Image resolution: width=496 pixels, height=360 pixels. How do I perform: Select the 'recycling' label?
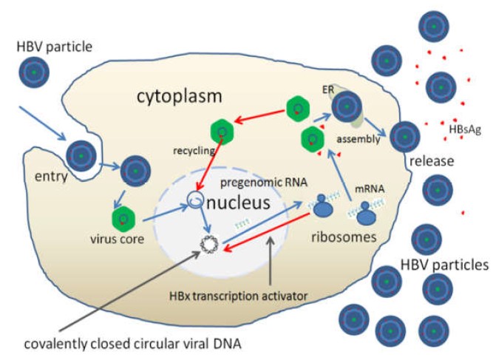pos(192,149)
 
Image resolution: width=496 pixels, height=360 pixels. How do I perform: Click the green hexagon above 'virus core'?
pos(123,219)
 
